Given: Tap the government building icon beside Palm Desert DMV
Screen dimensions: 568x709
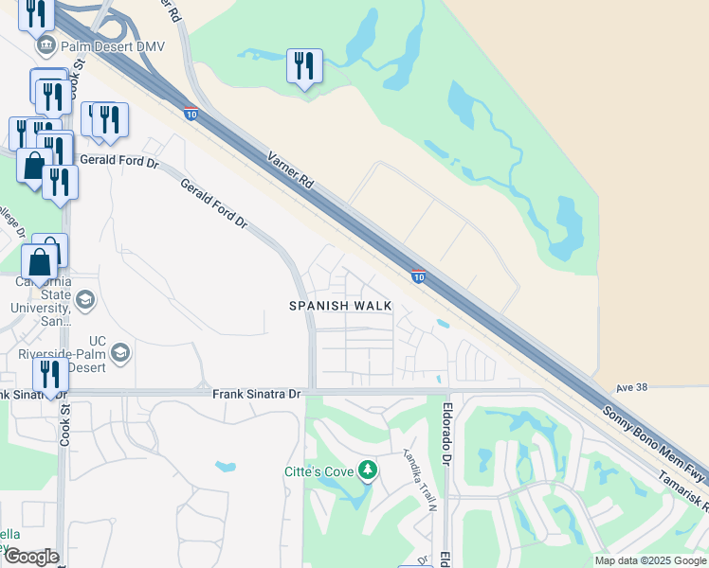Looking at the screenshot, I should (x=45, y=45).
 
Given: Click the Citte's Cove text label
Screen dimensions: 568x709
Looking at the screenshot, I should (x=318, y=471).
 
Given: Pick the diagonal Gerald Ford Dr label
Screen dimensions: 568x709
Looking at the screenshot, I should (x=214, y=205).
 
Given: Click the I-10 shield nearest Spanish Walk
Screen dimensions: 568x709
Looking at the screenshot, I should (x=418, y=277).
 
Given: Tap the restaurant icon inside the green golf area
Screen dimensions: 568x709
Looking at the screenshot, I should (x=304, y=65).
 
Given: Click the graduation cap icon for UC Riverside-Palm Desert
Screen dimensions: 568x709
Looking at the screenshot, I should (x=120, y=353).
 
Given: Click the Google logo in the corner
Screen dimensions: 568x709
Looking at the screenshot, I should (x=31, y=557).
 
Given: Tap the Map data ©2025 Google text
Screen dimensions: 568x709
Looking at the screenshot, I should (x=649, y=560).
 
